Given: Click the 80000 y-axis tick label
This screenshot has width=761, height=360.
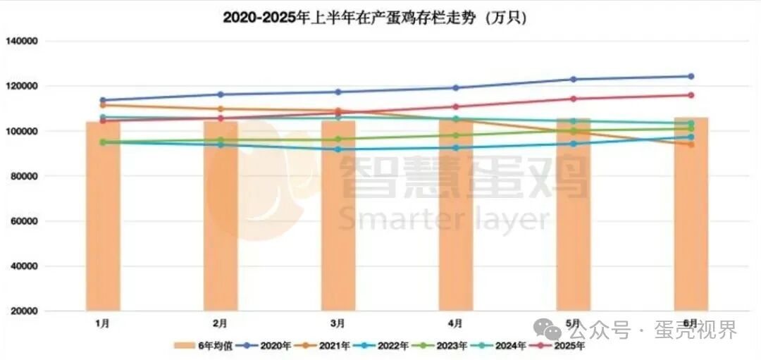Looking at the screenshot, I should pyautogui.click(x=23, y=176).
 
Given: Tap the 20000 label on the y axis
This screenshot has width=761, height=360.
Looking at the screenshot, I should pyautogui.click(x=23, y=311).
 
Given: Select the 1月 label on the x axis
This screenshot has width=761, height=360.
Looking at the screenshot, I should pyautogui.click(x=103, y=323).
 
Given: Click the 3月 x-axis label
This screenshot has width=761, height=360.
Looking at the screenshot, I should pyautogui.click(x=338, y=323).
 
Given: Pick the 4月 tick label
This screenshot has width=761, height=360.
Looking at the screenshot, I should pyautogui.click(x=455, y=323).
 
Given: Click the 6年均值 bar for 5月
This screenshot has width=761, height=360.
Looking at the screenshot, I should pyautogui.click(x=573, y=225).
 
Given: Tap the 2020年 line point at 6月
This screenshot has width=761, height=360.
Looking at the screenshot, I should pyautogui.click(x=691, y=76).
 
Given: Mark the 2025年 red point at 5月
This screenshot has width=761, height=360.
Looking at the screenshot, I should pyautogui.click(x=573, y=99).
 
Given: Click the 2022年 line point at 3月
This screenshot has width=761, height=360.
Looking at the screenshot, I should pyautogui.click(x=338, y=149).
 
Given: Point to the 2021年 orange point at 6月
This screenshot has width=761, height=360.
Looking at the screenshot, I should pyautogui.click(x=691, y=144).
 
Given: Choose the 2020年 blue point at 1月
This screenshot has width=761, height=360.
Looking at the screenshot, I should pyautogui.click(x=103, y=100).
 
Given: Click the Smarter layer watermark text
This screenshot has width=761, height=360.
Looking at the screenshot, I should pyautogui.click(x=444, y=218).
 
